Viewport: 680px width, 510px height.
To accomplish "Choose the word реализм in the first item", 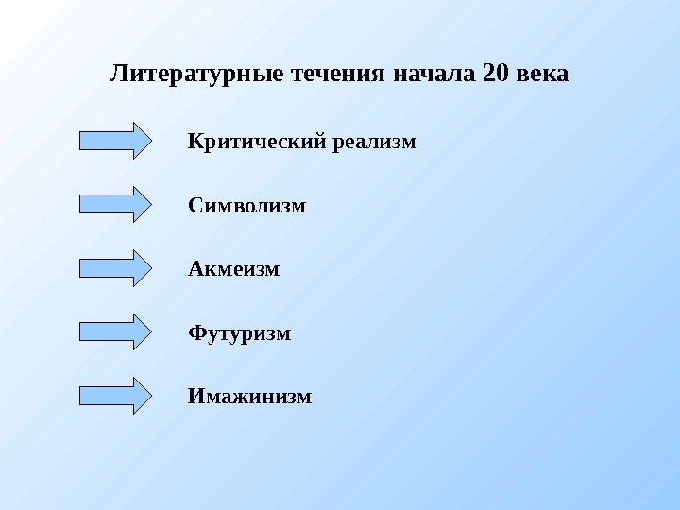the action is click(x=373, y=143).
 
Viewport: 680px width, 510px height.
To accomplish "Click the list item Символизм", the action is click(x=247, y=205).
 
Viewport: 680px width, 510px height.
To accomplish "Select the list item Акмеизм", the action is click(x=234, y=269).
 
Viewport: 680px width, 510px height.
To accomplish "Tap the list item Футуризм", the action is click(x=240, y=333).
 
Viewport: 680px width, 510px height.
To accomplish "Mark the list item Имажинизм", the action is click(x=249, y=396).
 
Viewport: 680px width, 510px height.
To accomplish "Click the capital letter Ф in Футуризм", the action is click(x=196, y=333).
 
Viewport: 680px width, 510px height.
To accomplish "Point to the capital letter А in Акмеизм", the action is click(x=195, y=269).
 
